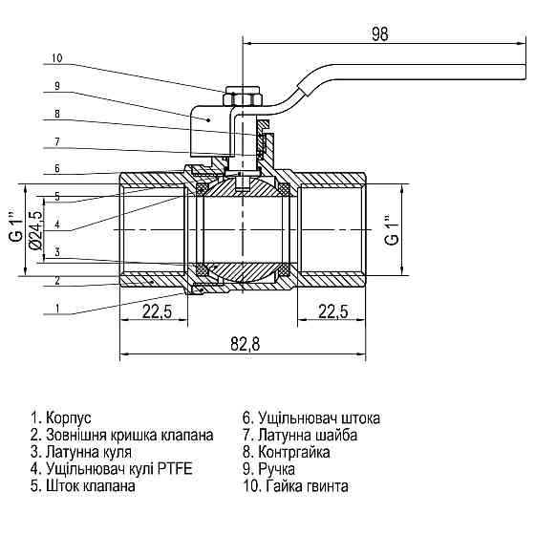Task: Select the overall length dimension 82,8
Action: (243, 345)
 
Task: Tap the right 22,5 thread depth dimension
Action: (332, 312)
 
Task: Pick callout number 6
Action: (56, 169)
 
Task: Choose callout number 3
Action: (56, 252)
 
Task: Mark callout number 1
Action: (56, 308)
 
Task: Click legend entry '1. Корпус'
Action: (60, 418)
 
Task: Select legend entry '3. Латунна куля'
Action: (81, 452)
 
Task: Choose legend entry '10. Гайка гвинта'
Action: (296, 486)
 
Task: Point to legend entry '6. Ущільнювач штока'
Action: (312, 418)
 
